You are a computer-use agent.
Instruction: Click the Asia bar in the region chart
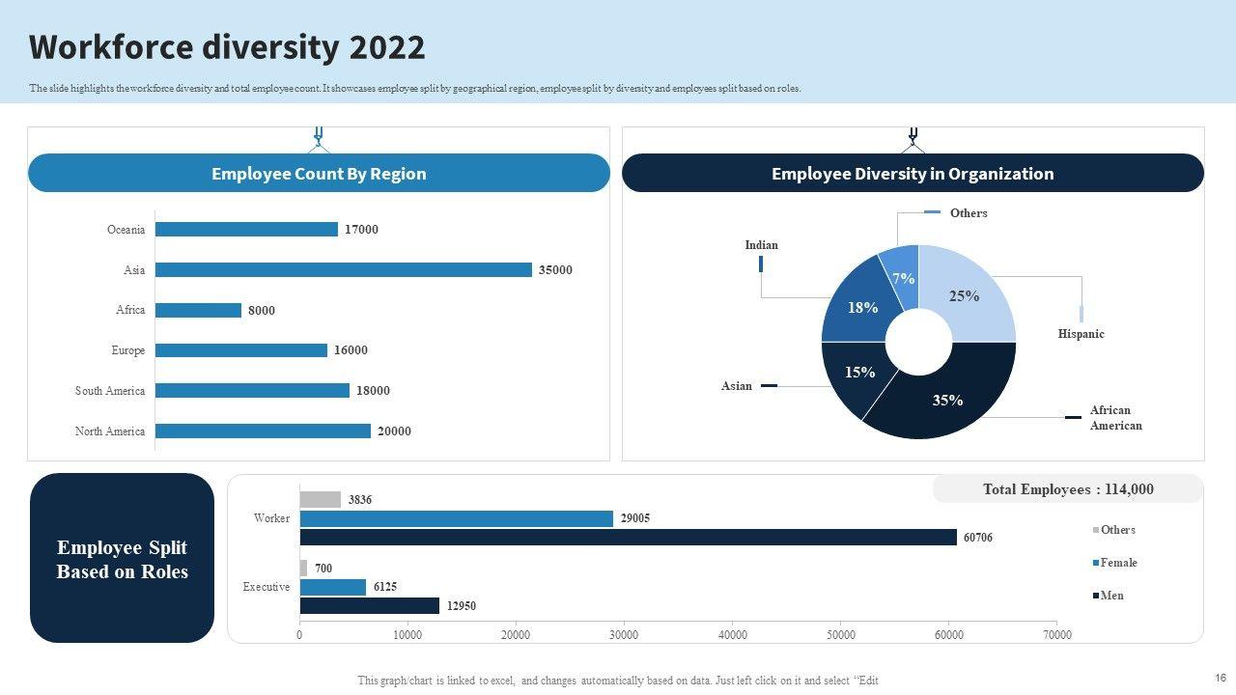pyautogui.click(x=343, y=270)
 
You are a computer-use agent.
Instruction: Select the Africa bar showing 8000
pyautogui.click(x=198, y=311)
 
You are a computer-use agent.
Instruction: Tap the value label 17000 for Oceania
pyautogui.click(x=361, y=230)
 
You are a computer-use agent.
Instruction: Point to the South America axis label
pyautogui.click(x=110, y=391)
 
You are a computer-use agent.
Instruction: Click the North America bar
pyautogui.click(x=263, y=431)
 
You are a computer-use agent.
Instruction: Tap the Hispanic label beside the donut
pyautogui.click(x=1081, y=334)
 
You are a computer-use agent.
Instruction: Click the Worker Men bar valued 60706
pyautogui.click(x=628, y=538)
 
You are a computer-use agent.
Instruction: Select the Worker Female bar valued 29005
pyautogui.click(x=456, y=518)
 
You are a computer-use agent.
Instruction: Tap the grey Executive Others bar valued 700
pyautogui.click(x=303, y=569)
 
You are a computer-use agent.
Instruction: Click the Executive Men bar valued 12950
pyautogui.click(x=369, y=606)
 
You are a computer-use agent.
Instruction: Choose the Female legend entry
pyautogui.click(x=1117, y=563)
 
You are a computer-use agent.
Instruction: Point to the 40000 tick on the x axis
pyautogui.click(x=733, y=635)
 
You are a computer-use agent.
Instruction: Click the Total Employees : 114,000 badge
pyautogui.click(x=1067, y=489)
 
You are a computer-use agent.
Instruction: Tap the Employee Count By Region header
pyautogui.click(x=319, y=174)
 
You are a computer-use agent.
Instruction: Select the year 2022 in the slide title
pyautogui.click(x=387, y=47)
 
